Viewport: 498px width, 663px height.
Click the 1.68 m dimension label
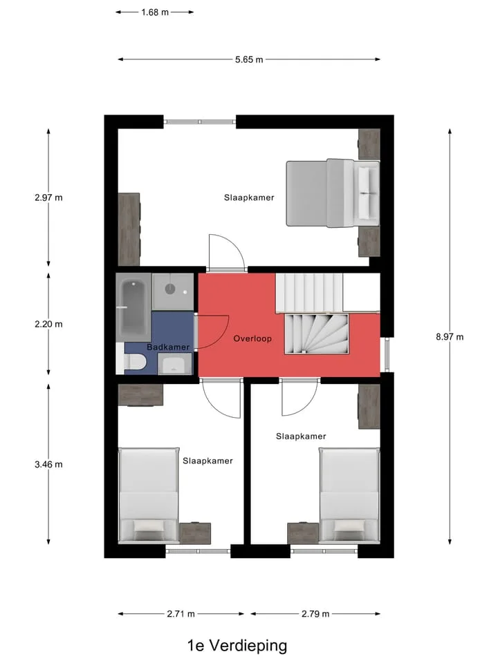155,12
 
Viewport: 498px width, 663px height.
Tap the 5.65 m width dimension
249,59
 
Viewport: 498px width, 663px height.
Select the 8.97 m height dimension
450,337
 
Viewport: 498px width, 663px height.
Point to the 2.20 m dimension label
48,325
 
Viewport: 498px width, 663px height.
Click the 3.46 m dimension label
48,465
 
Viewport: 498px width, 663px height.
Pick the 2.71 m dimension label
181,614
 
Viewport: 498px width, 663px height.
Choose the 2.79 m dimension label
315,614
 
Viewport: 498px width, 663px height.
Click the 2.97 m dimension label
48,198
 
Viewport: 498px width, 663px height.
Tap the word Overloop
252,338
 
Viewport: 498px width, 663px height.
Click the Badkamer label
168,347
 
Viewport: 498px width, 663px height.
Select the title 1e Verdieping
237,646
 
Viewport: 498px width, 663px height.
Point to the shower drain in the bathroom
170,289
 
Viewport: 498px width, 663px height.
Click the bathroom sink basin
174,365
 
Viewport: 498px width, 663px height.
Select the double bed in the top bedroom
333,193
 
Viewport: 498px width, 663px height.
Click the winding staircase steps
316,334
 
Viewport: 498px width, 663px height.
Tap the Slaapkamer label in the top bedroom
249,198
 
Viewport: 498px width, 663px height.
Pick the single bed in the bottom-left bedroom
148,495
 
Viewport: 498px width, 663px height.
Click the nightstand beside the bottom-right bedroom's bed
303,533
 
